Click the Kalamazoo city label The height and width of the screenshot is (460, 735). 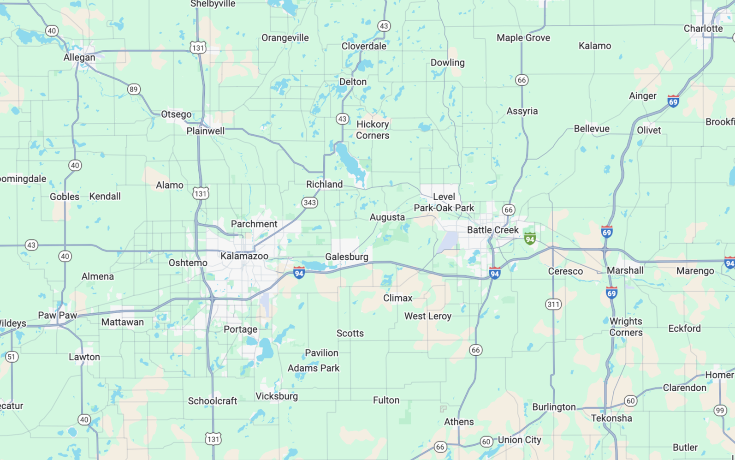[244, 256]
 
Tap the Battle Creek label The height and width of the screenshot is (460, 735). [492, 230]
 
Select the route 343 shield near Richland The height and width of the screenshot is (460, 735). [309, 203]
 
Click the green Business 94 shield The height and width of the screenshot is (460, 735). [530, 239]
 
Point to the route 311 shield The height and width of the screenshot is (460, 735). [553, 305]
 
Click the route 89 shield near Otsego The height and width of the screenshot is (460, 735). [133, 90]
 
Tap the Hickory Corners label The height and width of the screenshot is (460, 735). [373, 130]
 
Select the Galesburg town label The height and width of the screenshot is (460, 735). [346, 257]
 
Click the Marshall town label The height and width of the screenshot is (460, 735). [625, 270]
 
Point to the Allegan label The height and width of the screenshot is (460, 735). [79, 58]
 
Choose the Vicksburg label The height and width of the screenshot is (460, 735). [277, 396]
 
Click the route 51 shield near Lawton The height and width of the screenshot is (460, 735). [12, 357]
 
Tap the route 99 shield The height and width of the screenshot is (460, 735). [720, 411]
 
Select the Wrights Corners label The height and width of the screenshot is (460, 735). [626, 327]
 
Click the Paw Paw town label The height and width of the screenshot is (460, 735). [58, 316]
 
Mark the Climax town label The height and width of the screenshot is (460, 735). [397, 298]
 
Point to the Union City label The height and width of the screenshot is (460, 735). [519, 440]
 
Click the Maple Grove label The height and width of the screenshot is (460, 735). [523, 38]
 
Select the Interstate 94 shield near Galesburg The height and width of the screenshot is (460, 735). [299, 273]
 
